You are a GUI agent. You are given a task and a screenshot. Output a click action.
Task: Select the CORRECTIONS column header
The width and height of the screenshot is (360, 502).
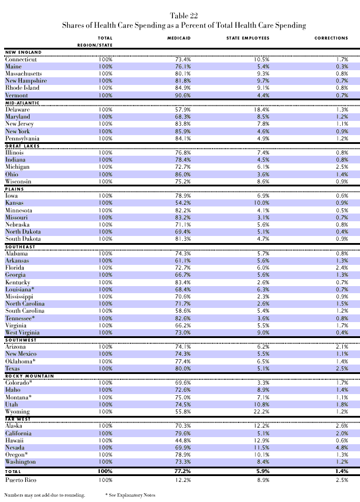tap(331, 38)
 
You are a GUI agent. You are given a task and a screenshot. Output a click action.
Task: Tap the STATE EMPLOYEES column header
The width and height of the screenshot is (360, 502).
tap(248, 38)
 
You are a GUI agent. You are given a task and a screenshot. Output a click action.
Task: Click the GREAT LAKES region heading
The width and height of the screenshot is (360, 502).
tap(22, 145)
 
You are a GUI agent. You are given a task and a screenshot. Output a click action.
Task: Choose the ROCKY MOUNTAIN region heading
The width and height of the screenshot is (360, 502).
tap(30, 375)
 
